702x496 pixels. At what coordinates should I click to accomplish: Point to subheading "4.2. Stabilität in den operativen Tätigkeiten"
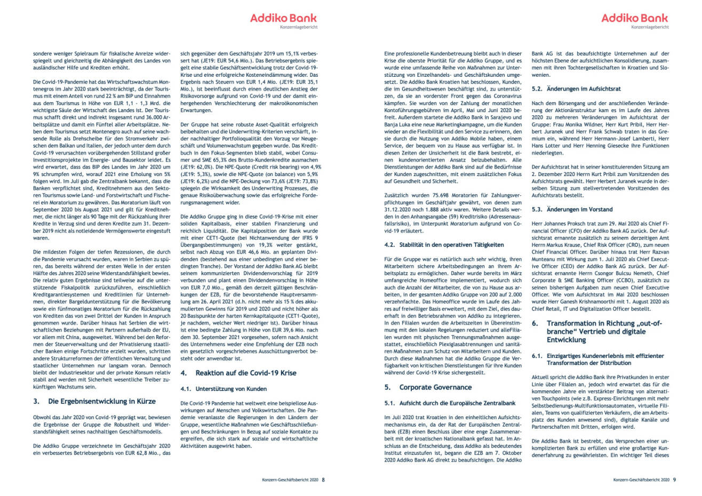point(444,244)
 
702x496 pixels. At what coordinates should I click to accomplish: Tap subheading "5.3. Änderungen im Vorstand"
point(572,210)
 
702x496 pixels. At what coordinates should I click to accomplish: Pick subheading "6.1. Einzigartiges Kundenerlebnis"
point(597,359)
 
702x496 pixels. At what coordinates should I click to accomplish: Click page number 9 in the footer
point(674,479)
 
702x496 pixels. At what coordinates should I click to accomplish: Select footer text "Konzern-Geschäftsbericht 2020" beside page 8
point(290,479)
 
